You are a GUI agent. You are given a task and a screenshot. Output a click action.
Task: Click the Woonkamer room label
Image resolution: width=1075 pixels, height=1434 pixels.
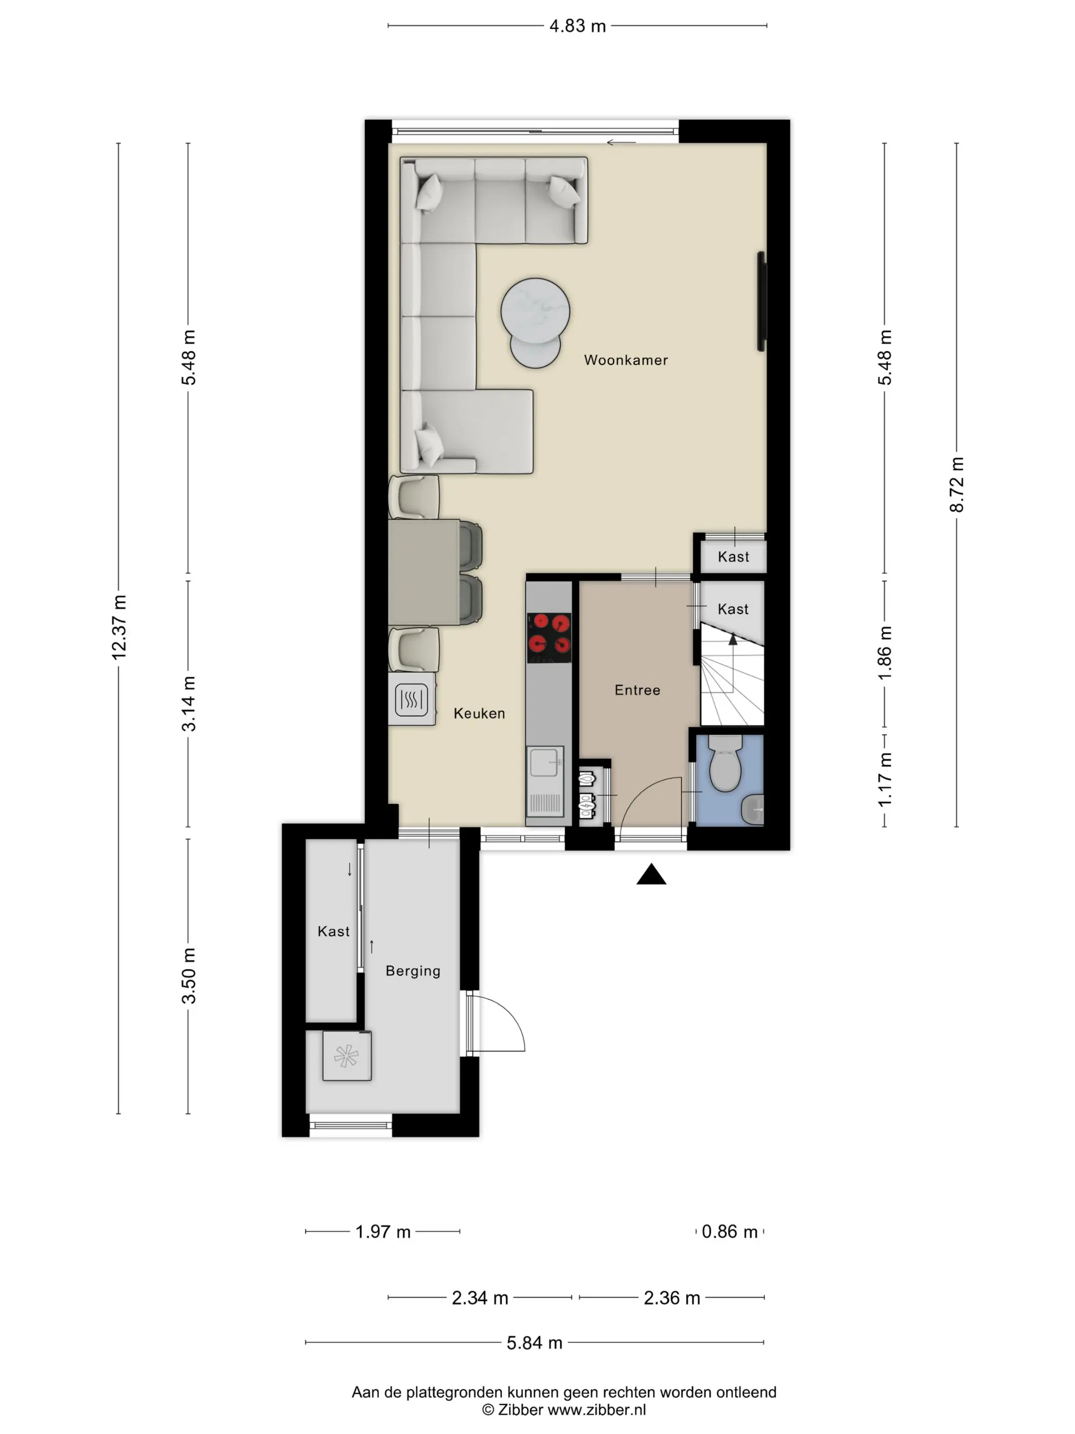tap(626, 360)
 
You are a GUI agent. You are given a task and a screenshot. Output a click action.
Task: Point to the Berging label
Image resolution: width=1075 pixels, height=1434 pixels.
tap(413, 971)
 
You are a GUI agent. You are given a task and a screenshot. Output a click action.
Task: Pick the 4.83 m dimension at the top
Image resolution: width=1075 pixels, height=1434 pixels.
tap(577, 26)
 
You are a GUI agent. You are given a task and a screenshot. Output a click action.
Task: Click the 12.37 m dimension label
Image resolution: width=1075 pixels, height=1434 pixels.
tap(119, 627)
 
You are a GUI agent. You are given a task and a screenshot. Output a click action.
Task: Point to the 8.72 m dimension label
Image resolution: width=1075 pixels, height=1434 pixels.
tap(956, 484)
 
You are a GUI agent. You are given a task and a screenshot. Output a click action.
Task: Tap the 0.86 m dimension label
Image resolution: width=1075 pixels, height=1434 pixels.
tap(729, 1232)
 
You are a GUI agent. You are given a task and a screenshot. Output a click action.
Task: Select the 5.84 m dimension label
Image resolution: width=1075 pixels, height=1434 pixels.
tap(534, 1343)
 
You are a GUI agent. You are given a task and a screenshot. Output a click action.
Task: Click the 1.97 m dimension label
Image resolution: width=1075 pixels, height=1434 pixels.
tap(383, 1232)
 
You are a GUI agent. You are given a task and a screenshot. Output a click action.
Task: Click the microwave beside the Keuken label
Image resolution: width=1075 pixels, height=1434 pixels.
tap(412, 699)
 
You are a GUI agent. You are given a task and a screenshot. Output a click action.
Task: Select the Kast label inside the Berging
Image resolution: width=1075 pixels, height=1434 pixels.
tap(333, 932)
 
